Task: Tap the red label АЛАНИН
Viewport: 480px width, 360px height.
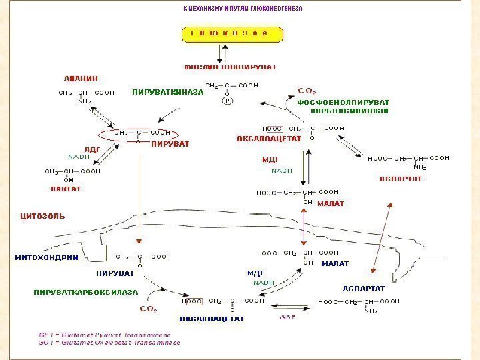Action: pos(79,77)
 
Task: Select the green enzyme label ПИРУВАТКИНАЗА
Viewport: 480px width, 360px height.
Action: pos(167,92)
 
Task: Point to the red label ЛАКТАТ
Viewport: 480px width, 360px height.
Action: pos(65,189)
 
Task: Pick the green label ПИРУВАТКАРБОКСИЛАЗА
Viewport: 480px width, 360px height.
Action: pos(86,292)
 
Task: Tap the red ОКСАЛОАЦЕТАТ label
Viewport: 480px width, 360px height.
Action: pos(264,139)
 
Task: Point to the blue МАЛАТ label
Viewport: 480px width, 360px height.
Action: pos(335,264)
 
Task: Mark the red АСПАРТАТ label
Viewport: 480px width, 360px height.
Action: pos(401,179)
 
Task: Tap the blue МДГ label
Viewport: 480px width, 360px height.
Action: pos(257,273)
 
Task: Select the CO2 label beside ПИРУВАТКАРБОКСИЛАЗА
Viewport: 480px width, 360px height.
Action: pos(148,309)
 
